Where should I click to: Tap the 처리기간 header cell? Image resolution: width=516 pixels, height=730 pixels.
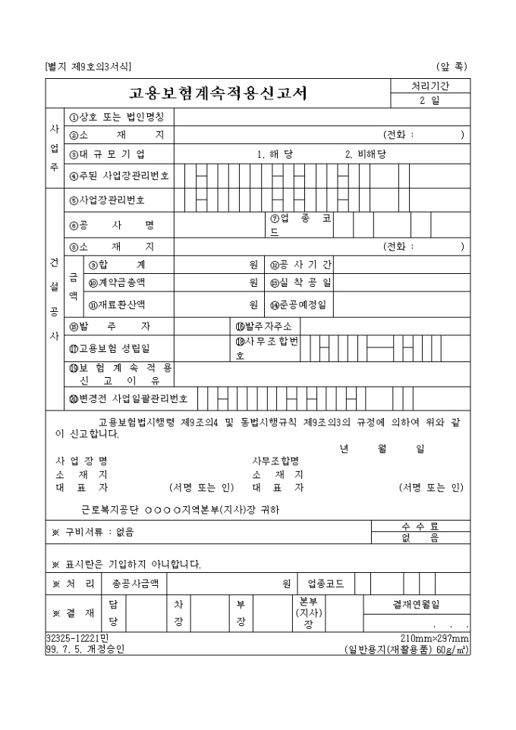click(429, 86)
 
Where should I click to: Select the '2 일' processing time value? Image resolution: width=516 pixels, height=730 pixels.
click(429, 101)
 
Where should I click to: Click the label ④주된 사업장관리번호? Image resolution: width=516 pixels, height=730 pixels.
click(119, 175)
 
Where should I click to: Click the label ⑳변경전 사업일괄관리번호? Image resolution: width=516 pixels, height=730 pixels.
click(127, 396)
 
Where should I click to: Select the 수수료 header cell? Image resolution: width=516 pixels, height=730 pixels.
click(420, 526)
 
